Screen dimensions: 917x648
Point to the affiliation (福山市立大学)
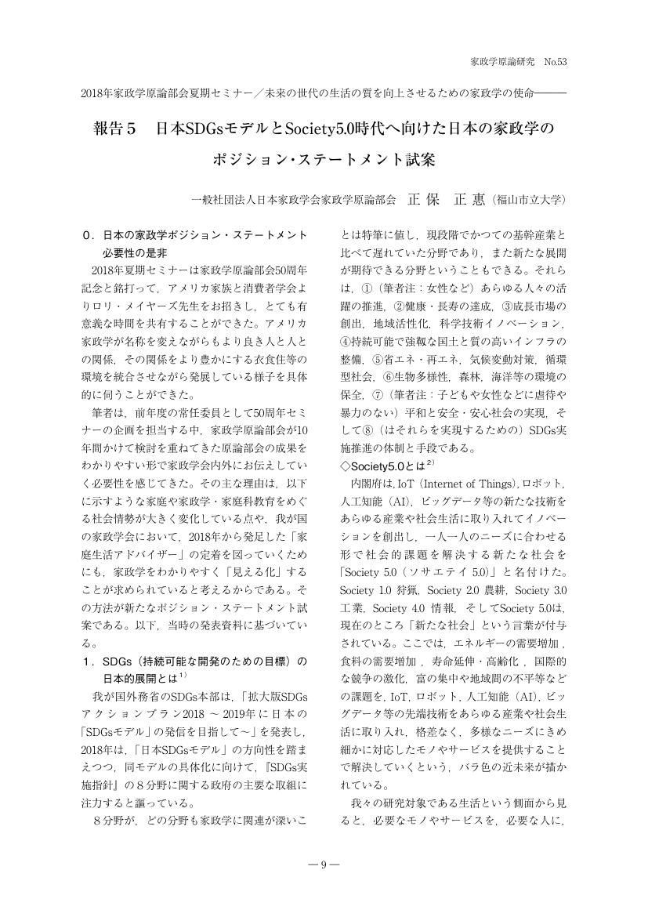(x=530, y=200)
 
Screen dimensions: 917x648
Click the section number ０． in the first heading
(x=89, y=235)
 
